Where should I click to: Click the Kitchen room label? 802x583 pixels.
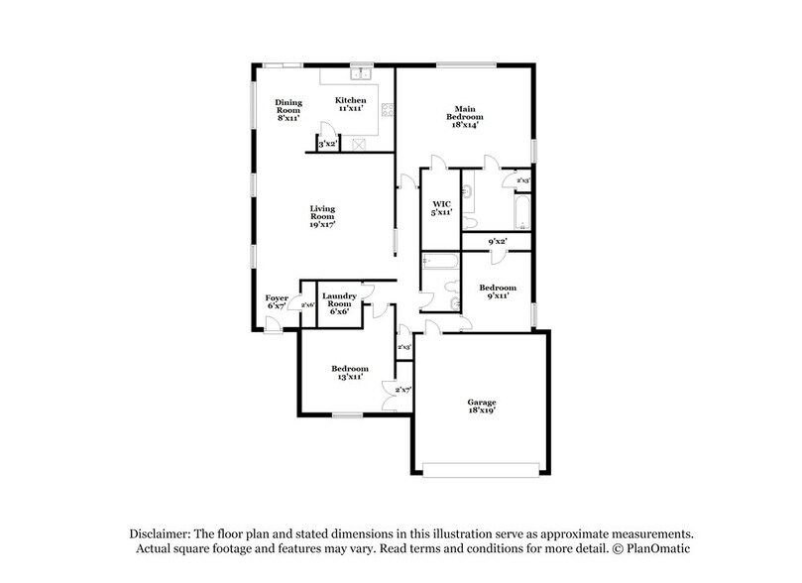tap(350, 104)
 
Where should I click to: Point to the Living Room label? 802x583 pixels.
tap(321, 216)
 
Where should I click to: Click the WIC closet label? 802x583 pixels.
tap(442, 208)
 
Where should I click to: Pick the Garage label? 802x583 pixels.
tap(482, 407)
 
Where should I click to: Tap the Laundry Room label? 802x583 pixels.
tap(339, 302)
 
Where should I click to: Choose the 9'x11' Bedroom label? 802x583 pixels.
tap(497, 291)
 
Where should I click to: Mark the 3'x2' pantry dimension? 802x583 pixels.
tap(327, 145)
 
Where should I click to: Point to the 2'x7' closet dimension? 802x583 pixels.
tap(403, 392)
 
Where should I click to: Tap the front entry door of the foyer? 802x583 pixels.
tap(271, 326)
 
